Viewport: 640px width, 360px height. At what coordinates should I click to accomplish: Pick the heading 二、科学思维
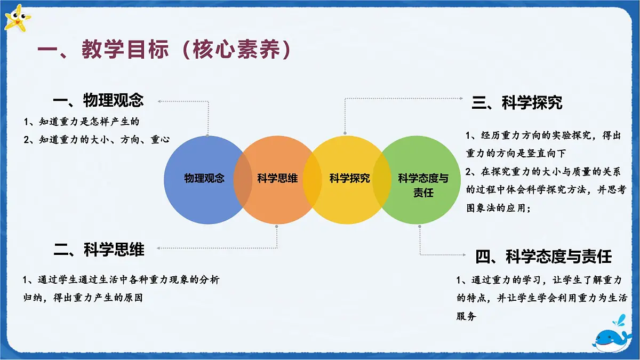[99, 249]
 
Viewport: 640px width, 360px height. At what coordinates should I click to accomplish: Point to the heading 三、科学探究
[517, 102]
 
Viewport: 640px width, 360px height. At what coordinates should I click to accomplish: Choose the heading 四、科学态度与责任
[543, 257]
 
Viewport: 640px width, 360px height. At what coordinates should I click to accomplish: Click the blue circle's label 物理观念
[204, 178]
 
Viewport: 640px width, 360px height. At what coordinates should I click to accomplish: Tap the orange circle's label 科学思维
[277, 178]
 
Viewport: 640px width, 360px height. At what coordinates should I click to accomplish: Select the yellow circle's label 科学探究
[349, 178]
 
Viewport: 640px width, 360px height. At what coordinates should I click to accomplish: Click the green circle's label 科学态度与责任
[423, 185]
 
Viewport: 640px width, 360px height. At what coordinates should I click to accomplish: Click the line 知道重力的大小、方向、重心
[97, 140]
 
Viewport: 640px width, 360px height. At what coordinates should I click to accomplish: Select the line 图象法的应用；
[498, 208]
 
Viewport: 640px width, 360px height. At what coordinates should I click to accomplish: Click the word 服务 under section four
[467, 316]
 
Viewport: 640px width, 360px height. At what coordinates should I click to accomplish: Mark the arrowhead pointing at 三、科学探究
[463, 98]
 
